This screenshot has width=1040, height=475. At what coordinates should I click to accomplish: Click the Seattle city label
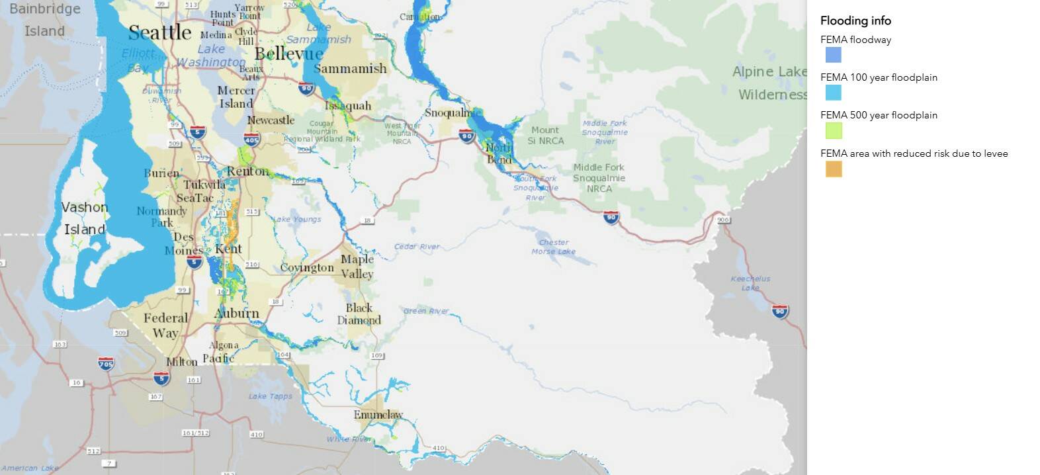(x=159, y=32)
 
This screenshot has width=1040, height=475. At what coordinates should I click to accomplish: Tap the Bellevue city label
(x=289, y=54)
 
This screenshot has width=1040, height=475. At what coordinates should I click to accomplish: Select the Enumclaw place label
(x=378, y=415)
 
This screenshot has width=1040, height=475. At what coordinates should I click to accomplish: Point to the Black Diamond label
(x=359, y=314)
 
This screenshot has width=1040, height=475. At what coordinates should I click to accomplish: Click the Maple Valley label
(x=357, y=267)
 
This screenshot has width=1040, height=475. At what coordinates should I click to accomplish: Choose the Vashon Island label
(x=84, y=218)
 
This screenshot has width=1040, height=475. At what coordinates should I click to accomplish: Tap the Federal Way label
(x=165, y=325)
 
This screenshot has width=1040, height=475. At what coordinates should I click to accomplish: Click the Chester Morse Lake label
(x=554, y=247)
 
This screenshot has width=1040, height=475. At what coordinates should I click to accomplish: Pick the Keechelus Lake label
(x=750, y=283)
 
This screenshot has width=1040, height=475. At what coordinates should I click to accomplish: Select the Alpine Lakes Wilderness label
(x=769, y=83)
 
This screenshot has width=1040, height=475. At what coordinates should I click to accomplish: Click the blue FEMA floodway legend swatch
(x=833, y=55)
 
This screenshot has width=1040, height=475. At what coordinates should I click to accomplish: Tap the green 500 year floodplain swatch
(x=833, y=130)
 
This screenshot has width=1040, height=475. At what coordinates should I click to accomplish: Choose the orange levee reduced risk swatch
(x=833, y=169)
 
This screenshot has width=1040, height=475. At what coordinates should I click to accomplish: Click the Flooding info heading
(x=855, y=21)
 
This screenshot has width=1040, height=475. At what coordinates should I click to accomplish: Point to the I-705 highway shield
(x=106, y=363)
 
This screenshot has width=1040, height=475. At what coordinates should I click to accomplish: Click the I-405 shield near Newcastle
(x=251, y=140)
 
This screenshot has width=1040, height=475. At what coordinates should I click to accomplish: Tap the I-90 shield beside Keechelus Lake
(x=780, y=311)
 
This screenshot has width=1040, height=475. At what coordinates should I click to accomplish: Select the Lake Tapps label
(x=270, y=396)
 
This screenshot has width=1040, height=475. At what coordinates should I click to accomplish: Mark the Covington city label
(x=307, y=268)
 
